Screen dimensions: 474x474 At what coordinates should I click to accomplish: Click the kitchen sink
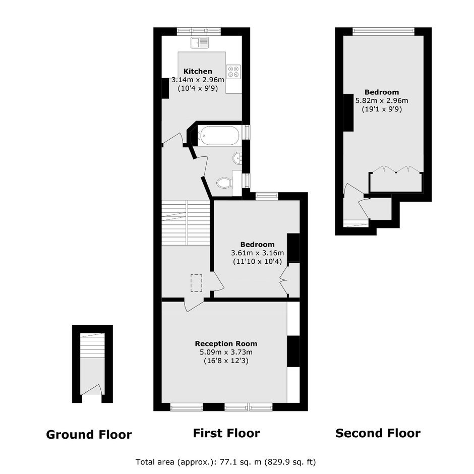pos(200,43)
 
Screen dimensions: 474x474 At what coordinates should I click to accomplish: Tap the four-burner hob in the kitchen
pos(233,71)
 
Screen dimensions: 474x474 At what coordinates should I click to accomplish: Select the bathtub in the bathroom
pos(219,136)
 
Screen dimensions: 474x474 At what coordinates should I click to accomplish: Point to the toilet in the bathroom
pos(224,183)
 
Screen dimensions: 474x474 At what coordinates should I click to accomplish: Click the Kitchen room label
pos(198,71)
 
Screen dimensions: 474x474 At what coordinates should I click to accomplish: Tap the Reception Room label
pos(226,344)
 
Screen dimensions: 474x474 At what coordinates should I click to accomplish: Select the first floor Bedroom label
pos(257,244)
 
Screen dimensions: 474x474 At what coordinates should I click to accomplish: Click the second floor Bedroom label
pos(382,92)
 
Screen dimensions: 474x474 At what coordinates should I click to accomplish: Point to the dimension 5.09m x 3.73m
pos(226,352)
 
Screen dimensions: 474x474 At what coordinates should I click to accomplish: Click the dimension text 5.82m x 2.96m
pos(382,100)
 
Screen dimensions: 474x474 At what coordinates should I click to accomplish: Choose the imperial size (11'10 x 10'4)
pos(257,261)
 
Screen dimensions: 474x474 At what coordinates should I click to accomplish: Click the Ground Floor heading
pos(89,435)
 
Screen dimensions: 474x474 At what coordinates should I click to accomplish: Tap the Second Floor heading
pos(378,433)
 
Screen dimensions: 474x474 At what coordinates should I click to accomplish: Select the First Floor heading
pos(226,433)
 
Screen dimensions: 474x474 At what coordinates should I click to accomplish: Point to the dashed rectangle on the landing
pos(196,283)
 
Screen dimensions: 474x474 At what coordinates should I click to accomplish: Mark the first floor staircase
pos(186,222)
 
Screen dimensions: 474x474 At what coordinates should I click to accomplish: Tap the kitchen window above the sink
pos(199,31)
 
